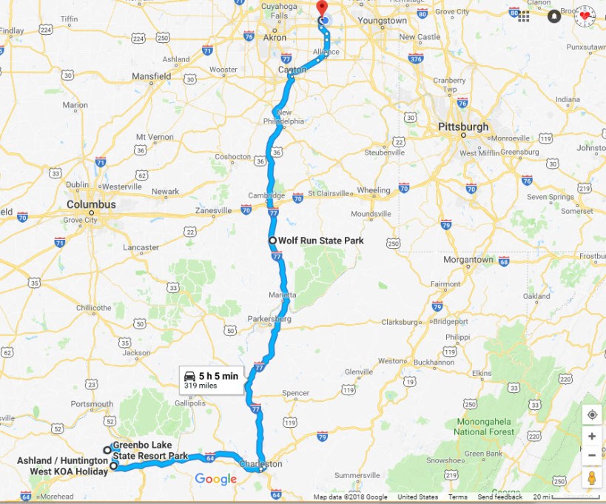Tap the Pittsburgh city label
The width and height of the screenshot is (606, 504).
point(463,127)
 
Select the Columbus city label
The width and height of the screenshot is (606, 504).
point(91,204)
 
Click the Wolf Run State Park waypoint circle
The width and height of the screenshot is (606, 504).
point(272,241)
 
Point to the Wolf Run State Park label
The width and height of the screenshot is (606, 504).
point(320,241)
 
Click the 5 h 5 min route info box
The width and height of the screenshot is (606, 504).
point(212,380)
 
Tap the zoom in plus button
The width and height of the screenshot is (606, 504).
point(592,436)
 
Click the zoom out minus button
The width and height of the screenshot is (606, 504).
point(592,455)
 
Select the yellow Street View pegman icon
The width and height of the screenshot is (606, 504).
point(592,478)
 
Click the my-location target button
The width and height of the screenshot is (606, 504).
point(592,414)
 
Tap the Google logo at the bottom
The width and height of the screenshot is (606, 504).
point(215,480)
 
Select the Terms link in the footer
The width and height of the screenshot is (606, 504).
point(457,497)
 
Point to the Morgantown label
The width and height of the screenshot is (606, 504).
point(468,260)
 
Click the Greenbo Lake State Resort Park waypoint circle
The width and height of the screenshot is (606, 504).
point(107,450)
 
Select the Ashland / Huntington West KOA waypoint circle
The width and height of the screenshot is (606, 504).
point(114,466)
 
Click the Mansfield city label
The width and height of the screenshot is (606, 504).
point(151,76)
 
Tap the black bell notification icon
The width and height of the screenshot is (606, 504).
point(554,16)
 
